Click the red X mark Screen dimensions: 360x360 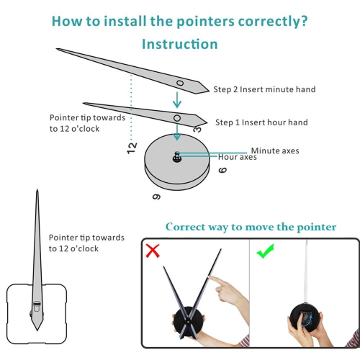click(x=153, y=251)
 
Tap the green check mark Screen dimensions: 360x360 click(x=266, y=251)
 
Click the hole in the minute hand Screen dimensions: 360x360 click(x=180, y=83)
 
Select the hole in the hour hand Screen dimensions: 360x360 click(x=177, y=118)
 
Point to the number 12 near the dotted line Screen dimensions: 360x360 click(x=132, y=148)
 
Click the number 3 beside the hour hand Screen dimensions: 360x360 click(x=197, y=130)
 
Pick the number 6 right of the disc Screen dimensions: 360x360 click(x=222, y=170)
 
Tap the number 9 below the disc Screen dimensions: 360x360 click(x=156, y=197)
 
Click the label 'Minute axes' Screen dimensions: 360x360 click(x=275, y=150)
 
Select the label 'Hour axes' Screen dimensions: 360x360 click(x=237, y=157)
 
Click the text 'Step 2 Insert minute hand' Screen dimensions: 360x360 click(x=264, y=89)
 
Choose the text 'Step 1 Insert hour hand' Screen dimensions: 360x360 click(x=261, y=122)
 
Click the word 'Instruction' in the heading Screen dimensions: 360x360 click(x=180, y=44)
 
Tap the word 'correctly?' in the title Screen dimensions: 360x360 click(x=273, y=22)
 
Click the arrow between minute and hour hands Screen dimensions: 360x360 click(x=177, y=99)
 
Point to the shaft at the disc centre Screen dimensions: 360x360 click(x=177, y=157)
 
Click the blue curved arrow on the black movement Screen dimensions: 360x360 click(x=306, y=321)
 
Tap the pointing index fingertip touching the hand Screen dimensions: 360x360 click(x=210, y=277)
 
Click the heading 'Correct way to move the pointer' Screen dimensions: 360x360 click(x=251, y=227)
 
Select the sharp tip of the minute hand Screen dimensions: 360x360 click(x=57, y=49)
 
